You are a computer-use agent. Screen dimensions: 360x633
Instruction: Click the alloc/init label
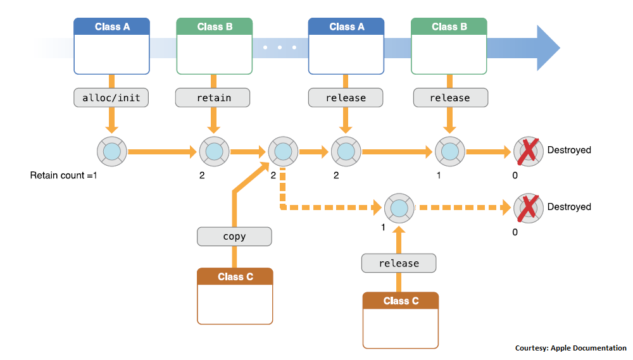pos(111,97)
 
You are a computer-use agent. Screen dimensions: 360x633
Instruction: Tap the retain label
pos(213,97)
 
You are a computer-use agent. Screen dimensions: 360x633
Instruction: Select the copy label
pos(234,237)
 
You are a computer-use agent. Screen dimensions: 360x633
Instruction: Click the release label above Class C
pos(399,263)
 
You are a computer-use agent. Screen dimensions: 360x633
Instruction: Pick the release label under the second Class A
pos(346,97)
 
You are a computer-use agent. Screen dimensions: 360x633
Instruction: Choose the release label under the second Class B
pos(450,97)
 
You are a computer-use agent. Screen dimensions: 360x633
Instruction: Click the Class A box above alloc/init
pos(111,46)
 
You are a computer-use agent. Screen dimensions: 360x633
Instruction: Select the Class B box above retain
pos(214,46)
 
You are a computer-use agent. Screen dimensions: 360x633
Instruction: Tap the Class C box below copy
pos(235,296)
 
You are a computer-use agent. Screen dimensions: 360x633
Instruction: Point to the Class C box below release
pos(400,320)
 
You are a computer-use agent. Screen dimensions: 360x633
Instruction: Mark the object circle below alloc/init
pos(112,152)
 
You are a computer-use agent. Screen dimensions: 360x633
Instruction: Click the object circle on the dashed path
pos(399,207)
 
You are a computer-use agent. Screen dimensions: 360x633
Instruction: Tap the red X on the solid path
pos(529,151)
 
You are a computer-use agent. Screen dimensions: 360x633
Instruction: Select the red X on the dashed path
pos(529,207)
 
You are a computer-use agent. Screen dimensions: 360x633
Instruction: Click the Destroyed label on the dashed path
pos(568,207)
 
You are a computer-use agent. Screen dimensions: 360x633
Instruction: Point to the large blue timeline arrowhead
pos(547,48)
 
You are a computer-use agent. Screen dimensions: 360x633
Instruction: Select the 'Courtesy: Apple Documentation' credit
pos(570,348)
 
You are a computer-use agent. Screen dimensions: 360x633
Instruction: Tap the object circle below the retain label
pos(214,152)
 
